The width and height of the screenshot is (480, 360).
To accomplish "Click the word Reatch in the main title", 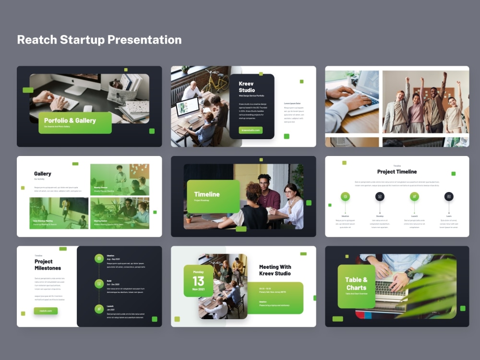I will pyautogui.click(x=36, y=40).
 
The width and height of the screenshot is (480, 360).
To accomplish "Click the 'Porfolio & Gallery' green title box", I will pyautogui.click(x=75, y=122).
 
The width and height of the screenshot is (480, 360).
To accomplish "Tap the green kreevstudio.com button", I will pyautogui.click(x=251, y=130).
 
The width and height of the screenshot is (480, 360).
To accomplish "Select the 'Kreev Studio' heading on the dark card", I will pyautogui.click(x=247, y=87).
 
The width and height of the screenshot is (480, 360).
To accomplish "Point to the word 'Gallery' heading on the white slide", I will pyautogui.click(x=43, y=174).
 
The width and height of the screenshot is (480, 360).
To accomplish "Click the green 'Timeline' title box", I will pyautogui.click(x=213, y=196).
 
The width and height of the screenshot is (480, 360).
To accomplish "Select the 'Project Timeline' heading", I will pyautogui.click(x=397, y=172).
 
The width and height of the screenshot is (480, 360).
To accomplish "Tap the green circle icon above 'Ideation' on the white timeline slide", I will pyautogui.click(x=345, y=196).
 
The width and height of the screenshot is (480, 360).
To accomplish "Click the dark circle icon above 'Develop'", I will pyautogui.click(x=380, y=196).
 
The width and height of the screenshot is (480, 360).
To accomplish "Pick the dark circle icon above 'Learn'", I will pyautogui.click(x=449, y=196).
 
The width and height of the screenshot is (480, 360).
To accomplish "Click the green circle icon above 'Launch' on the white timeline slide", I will pyautogui.click(x=414, y=196).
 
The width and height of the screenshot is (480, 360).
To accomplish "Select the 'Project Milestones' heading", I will pyautogui.click(x=48, y=264).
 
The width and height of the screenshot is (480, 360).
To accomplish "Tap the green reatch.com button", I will pyautogui.click(x=46, y=311).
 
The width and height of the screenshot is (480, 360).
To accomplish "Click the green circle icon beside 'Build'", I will pyautogui.click(x=99, y=284).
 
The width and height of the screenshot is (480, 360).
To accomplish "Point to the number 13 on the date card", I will pyautogui.click(x=198, y=281).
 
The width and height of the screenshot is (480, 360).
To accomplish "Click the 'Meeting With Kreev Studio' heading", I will pyautogui.click(x=275, y=270).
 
